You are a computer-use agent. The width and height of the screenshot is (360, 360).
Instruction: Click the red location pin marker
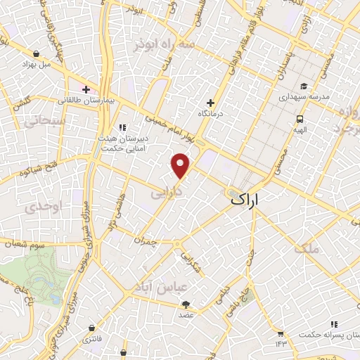click(x=181, y=166)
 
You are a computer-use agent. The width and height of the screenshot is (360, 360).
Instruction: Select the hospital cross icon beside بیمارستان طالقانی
click(x=86, y=90)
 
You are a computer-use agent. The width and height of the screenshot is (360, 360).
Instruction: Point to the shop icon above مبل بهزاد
click(x=35, y=53)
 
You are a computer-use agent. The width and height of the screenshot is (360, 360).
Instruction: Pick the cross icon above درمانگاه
click(x=210, y=103)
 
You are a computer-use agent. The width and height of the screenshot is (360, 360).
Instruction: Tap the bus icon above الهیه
click(x=300, y=119)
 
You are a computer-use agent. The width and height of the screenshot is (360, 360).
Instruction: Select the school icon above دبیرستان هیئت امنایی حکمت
click(x=122, y=127)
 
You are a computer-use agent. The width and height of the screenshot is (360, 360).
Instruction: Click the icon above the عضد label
click(x=186, y=304)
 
